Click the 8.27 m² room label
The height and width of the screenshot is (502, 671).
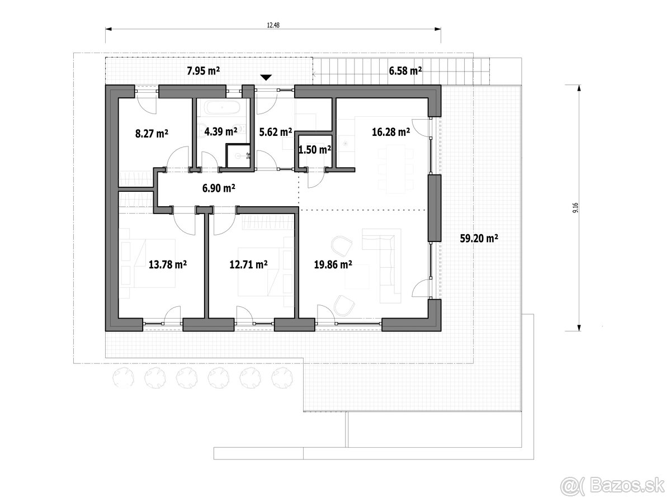pyautogui.click(x=152, y=134)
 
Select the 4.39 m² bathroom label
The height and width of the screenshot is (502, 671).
pyautogui.click(x=221, y=131)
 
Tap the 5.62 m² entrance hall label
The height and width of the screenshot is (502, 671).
pyautogui.click(x=276, y=132)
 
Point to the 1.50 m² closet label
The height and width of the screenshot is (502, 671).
pyautogui.click(x=315, y=150)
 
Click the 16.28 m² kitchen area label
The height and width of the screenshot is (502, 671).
pyautogui.click(x=391, y=132)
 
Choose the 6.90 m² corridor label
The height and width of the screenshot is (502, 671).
pyautogui.click(x=219, y=188)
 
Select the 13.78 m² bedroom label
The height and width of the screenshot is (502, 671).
pyautogui.click(x=168, y=264)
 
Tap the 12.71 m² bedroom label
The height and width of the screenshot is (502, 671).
pyautogui.click(x=248, y=264)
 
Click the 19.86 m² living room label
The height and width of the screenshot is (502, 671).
pyautogui.click(x=333, y=264)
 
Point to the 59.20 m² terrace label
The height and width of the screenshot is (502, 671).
pyautogui.click(x=479, y=238)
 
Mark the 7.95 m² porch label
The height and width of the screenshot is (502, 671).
pyautogui.click(x=204, y=71)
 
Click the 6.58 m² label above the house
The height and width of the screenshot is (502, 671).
pyautogui.click(x=405, y=71)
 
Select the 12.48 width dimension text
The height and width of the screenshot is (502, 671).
pyautogui.click(x=273, y=25)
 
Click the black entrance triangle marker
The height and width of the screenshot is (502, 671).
pyautogui.click(x=266, y=77)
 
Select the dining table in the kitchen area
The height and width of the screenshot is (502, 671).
pyautogui.click(x=395, y=169)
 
